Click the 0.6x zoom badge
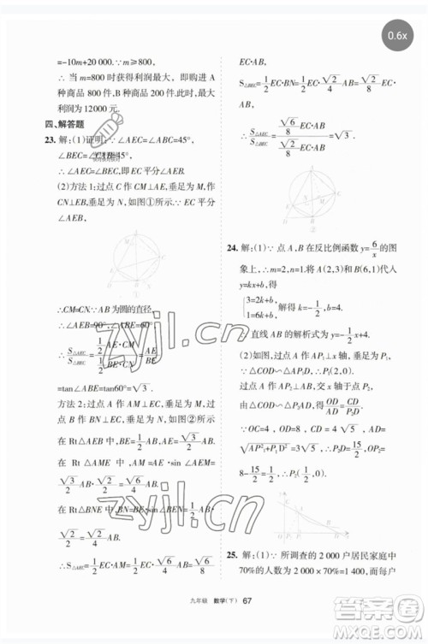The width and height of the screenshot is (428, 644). tap(396, 37)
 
